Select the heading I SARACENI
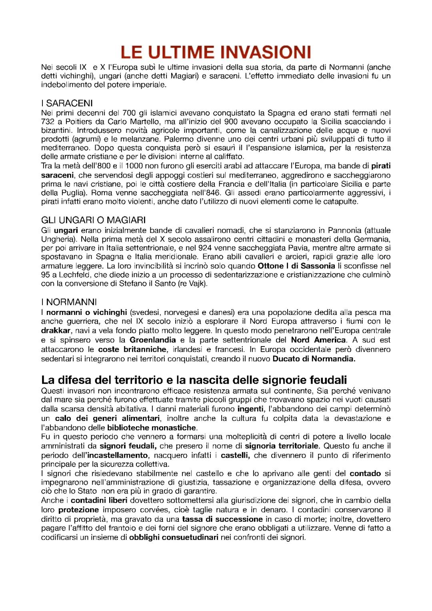[67, 103]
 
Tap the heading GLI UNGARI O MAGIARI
[93, 220]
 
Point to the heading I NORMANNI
[69, 302]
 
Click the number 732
[48, 122]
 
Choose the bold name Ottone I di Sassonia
[296, 266]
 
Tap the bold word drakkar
[56, 331]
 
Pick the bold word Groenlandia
[152, 340]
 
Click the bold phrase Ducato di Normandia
[314, 359]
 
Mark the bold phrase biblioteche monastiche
[152, 428]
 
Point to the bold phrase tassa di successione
[222, 519]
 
